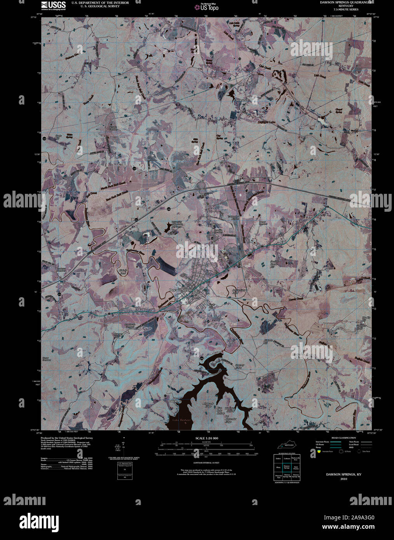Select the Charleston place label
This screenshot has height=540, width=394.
coord(240,100)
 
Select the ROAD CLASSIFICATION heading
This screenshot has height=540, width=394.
coord(341,438)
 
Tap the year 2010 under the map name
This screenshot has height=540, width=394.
coord(343,479)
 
